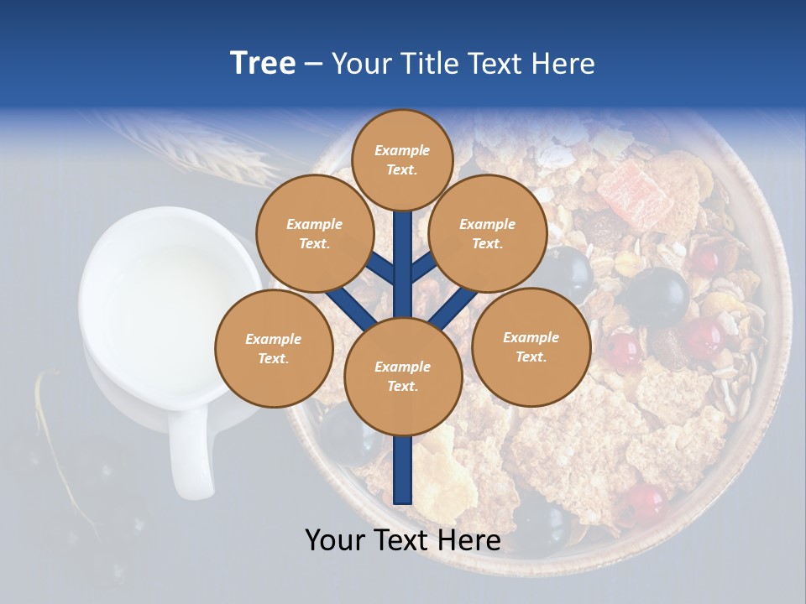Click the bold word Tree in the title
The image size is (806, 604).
[263, 63]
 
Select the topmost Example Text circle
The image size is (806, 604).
[402, 159]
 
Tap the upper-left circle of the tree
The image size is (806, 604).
[315, 234]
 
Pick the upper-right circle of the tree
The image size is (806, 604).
[488, 234]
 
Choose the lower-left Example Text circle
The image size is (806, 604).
[274, 349]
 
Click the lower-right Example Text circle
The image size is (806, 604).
[531, 347]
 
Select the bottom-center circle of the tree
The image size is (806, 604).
[403, 377]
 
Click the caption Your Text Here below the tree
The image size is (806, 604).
[403, 540]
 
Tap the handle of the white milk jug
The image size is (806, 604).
[187, 453]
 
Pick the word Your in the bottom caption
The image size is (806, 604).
[335, 540]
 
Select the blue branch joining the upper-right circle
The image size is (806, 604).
[425, 268]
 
